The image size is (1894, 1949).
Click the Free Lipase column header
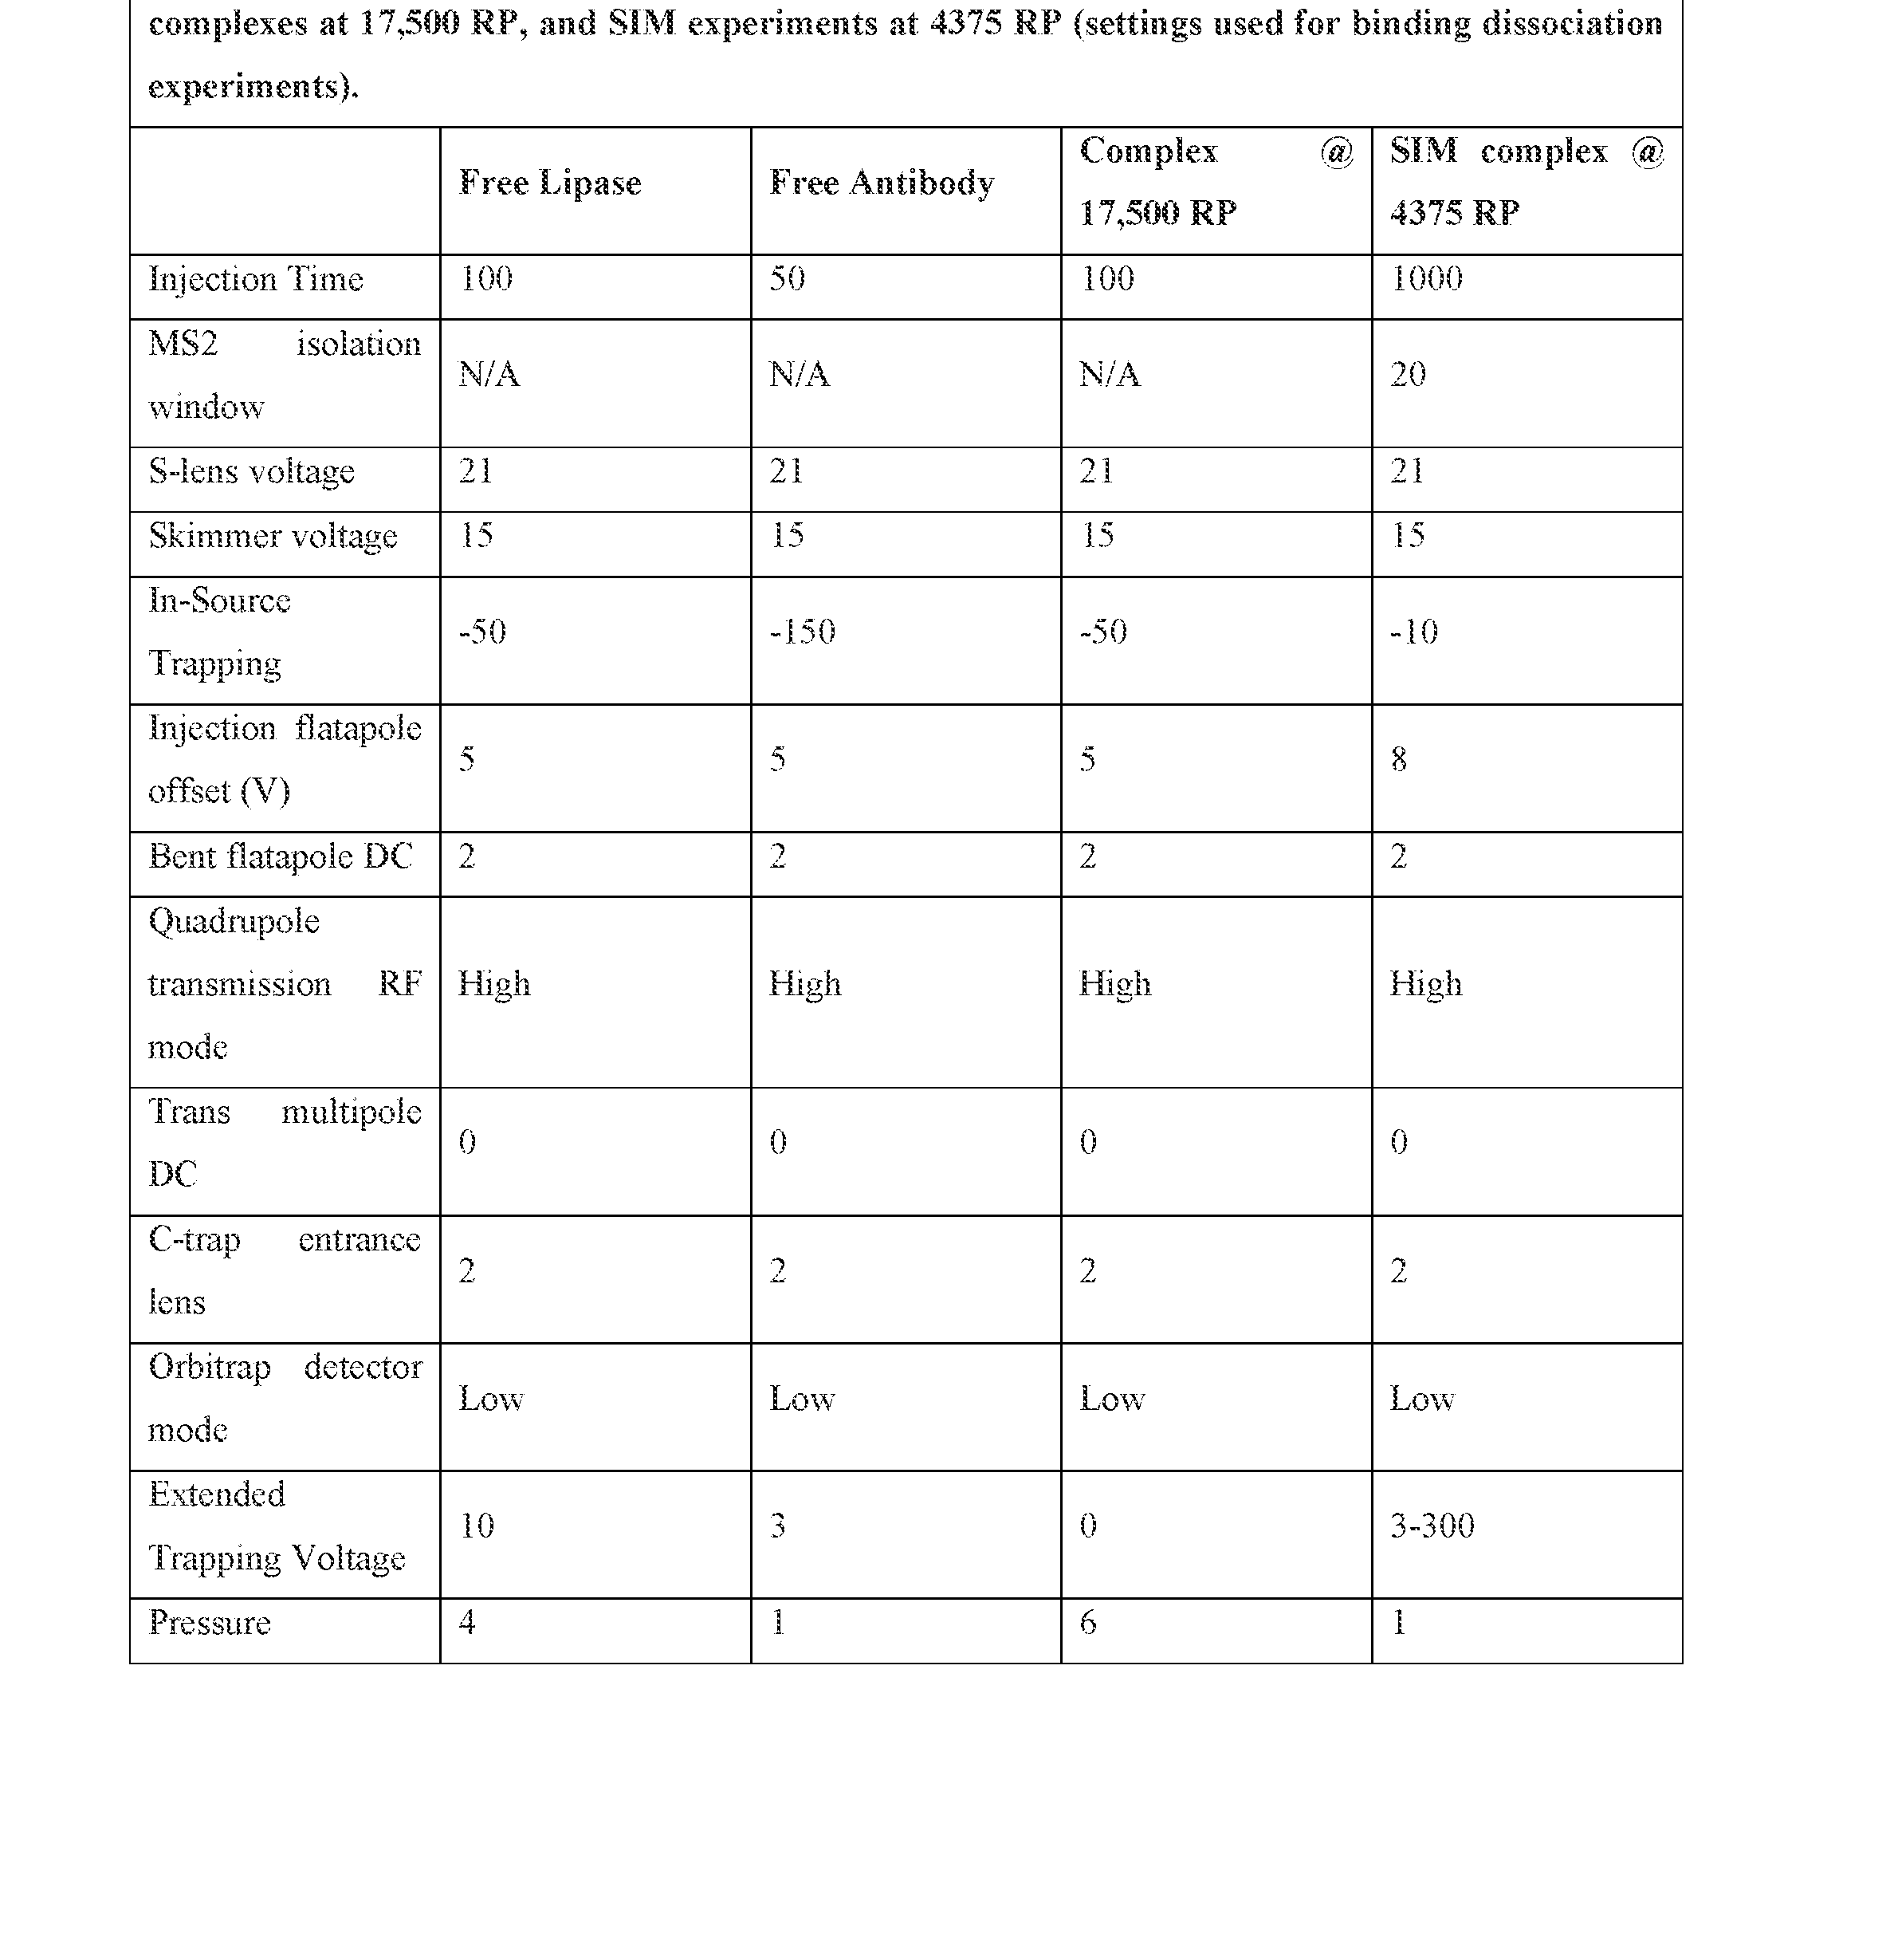click(x=549, y=183)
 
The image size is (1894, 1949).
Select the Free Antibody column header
click(x=882, y=183)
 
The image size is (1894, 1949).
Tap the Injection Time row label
click(x=256, y=280)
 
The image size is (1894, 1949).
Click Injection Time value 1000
click(x=1425, y=278)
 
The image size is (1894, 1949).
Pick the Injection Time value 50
click(x=787, y=278)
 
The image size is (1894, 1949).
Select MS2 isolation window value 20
click(x=1408, y=375)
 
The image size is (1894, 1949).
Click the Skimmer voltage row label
click(x=273, y=536)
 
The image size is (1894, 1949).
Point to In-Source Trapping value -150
click(x=802, y=632)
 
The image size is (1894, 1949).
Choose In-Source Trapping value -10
click(x=1413, y=632)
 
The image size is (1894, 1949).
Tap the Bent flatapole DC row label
click(x=280, y=856)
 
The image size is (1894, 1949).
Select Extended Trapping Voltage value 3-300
click(x=1432, y=1526)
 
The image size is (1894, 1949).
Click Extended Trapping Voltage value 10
click(x=477, y=1526)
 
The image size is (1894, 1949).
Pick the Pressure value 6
click(x=1088, y=1623)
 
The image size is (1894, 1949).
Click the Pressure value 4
click(x=466, y=1623)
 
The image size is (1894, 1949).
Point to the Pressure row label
click(x=209, y=1623)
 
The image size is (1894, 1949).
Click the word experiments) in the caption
click(x=253, y=88)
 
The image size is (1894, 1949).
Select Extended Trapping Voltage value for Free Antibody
click(x=778, y=1526)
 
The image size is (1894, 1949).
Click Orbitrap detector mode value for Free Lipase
click(x=490, y=1399)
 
